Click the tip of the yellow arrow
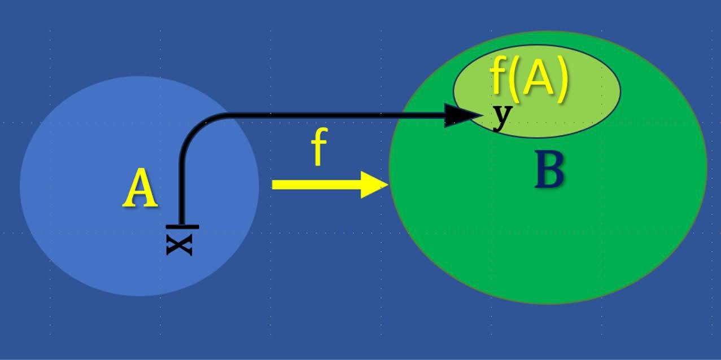(x=386, y=185)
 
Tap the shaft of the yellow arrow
(x=316, y=185)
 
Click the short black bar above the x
(x=182, y=227)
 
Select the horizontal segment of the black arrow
(x=339, y=115)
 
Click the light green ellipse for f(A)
(x=587, y=113)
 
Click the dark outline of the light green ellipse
(x=621, y=90)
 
